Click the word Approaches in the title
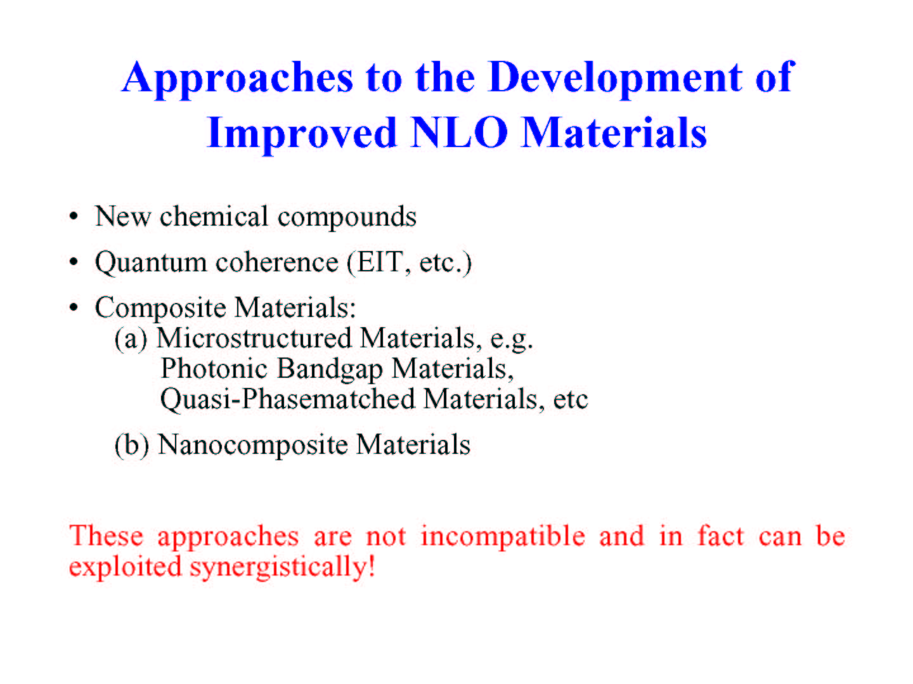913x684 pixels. coord(238,79)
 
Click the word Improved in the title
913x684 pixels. coord(302,134)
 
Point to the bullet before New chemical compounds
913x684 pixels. coord(74,216)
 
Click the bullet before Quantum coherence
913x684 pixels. coord(74,262)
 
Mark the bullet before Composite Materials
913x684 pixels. coord(74,307)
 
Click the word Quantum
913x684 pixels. coord(151,263)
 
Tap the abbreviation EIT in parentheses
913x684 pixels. coord(380,262)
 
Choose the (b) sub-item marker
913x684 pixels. coord(131,445)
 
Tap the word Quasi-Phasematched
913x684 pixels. coord(288,400)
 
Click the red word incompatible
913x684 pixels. coord(503,537)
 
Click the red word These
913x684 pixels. coord(106,536)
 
